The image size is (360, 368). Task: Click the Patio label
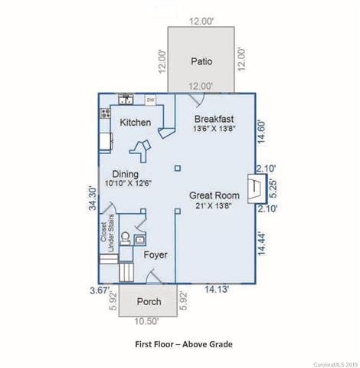click(x=201, y=61)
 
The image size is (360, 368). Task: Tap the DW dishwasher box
click(x=151, y=100)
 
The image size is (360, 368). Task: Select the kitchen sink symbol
click(x=126, y=99)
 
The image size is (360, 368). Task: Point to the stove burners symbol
click(x=105, y=113)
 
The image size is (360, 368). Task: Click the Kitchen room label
click(x=136, y=123)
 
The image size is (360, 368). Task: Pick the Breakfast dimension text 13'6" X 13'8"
click(x=214, y=129)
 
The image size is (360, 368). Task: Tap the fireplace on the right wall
click(x=257, y=189)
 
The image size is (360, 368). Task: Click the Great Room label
click(x=214, y=195)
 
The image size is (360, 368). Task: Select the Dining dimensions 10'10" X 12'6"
click(x=128, y=183)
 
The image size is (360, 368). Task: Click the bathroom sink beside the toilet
click(x=140, y=239)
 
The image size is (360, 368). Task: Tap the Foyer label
click(x=155, y=255)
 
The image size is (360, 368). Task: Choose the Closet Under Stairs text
click(x=107, y=232)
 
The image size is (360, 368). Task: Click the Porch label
click(x=149, y=301)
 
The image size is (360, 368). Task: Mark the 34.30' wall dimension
click(x=93, y=199)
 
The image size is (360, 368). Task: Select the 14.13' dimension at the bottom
click(x=217, y=290)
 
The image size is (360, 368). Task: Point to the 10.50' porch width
click(x=146, y=321)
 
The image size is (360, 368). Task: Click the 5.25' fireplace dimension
click(x=273, y=189)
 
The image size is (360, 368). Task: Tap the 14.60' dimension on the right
click(x=262, y=132)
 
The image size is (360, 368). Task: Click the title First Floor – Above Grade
click(x=184, y=344)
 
